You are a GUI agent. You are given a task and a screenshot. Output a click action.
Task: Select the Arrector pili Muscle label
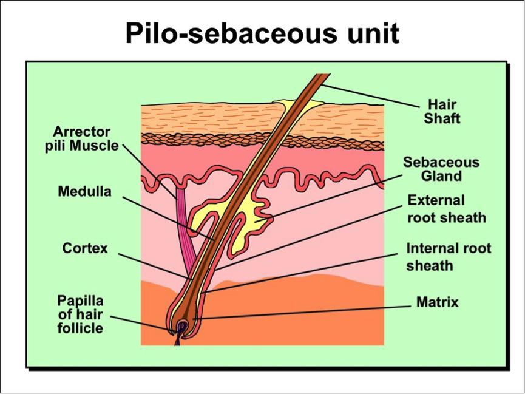tap(82, 139)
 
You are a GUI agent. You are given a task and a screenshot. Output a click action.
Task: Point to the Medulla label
tap(85, 192)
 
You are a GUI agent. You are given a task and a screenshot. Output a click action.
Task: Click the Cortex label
tap(85, 248)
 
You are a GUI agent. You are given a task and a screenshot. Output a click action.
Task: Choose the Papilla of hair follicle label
tap(80, 314)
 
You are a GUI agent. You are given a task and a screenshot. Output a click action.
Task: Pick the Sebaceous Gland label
tap(441, 169)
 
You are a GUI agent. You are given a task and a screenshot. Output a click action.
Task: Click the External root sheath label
tap(447, 209)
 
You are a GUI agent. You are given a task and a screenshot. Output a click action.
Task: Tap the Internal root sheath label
tap(449, 257)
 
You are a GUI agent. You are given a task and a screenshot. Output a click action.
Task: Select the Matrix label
tap(437, 302)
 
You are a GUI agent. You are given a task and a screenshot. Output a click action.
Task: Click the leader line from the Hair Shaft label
tap(370, 96)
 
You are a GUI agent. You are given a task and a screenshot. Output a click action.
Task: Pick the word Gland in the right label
tap(441, 176)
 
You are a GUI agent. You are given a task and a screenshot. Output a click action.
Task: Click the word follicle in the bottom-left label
tap(80, 328)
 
